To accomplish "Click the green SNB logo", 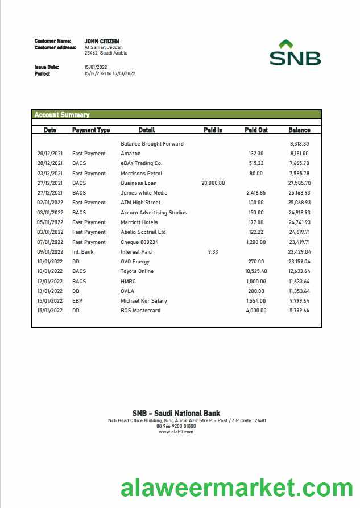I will (295, 53).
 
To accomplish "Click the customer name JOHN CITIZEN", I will (102, 42).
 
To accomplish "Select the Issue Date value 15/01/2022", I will (96, 67).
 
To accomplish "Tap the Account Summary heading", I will (62, 115).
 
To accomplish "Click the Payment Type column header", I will (91, 130).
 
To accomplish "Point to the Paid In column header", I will (213, 130).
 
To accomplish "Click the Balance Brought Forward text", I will (152, 144).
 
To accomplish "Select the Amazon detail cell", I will (131, 154).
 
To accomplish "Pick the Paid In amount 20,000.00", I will (213, 183).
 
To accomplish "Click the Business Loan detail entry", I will (139, 183).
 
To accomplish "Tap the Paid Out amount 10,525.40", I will (256, 271).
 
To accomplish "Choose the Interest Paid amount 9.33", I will (213, 252).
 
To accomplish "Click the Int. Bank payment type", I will (83, 252).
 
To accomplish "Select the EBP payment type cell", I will (77, 301).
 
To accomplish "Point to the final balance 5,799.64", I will (299, 311).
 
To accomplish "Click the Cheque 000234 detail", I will (140, 242).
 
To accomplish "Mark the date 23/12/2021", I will (50, 174).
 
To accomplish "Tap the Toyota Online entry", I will (137, 271).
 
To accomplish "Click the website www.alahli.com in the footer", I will (176, 432).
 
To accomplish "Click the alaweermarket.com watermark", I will (237, 489).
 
